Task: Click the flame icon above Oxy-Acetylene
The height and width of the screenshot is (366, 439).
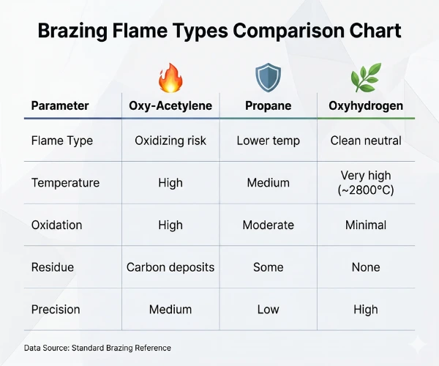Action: click(170, 77)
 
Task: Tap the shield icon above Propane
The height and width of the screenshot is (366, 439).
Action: click(268, 77)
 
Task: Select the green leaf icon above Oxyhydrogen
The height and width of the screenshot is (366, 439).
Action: click(366, 77)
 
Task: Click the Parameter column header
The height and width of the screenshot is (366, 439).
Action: click(60, 106)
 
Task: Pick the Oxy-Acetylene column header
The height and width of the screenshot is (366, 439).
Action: click(170, 106)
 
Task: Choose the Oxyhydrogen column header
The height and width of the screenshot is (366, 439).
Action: click(366, 106)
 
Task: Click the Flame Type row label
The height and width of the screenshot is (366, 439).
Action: click(62, 141)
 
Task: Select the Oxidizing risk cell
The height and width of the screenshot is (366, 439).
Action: click(170, 141)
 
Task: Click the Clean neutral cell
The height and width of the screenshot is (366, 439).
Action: click(366, 141)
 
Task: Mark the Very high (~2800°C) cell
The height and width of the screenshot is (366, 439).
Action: click(366, 183)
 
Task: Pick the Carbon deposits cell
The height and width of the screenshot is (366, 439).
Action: click(170, 267)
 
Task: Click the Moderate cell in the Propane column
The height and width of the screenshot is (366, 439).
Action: click(268, 225)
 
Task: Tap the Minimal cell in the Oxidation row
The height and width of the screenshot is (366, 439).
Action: click(366, 225)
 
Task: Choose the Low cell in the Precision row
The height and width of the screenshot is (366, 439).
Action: click(268, 310)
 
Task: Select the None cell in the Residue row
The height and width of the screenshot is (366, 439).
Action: click(366, 267)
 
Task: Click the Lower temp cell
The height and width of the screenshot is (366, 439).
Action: click(268, 141)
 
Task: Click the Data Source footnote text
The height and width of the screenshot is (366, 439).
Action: click(97, 348)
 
